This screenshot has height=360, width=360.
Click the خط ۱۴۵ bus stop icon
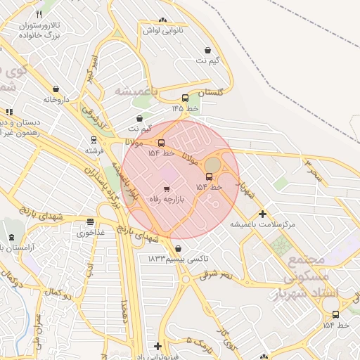click(185, 98)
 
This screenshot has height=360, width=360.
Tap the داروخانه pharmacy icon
click(56, 89)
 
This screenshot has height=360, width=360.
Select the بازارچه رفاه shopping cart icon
click(167, 188)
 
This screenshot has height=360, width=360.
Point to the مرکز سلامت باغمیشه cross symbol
click(263, 214)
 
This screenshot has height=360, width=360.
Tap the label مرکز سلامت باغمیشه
click(264, 225)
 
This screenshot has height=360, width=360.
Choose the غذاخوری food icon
click(90, 221)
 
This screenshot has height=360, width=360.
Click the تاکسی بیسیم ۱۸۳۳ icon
click(178, 248)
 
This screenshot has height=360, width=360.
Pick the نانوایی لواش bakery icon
click(163, 20)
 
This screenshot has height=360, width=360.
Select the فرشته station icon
click(94, 140)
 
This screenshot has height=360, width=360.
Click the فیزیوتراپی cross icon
click(157, 346)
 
